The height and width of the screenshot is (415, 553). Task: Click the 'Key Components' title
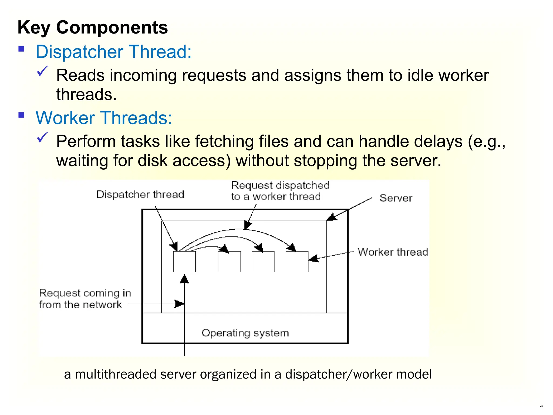(x=93, y=28)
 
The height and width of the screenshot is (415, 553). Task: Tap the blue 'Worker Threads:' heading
(x=104, y=118)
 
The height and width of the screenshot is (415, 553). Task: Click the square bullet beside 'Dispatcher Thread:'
(x=21, y=49)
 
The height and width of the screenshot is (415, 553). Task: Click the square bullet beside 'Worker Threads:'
(x=21, y=115)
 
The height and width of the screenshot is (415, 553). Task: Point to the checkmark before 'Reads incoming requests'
(x=42, y=71)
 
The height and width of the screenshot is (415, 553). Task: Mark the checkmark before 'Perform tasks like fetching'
(x=42, y=137)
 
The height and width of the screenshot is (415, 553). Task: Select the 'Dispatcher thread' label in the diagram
(x=140, y=195)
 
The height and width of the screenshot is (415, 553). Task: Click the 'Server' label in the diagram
(x=396, y=198)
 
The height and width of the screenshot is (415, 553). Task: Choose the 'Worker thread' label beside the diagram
(x=393, y=252)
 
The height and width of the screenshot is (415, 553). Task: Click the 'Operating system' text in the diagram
(x=245, y=333)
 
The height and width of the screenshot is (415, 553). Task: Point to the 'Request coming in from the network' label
(x=85, y=299)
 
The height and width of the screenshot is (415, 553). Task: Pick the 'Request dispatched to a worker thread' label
(x=280, y=191)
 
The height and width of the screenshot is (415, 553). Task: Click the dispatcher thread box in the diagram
(x=184, y=262)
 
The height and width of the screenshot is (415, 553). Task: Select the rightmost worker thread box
(x=297, y=262)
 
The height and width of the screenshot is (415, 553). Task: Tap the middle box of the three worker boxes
(x=263, y=262)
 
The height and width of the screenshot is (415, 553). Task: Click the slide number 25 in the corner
(x=541, y=406)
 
